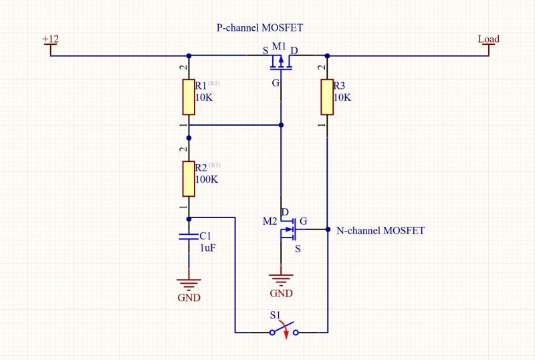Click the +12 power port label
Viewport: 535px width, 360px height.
[50, 39]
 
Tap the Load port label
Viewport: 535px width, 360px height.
[488, 39]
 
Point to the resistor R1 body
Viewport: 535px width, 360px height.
[189, 96]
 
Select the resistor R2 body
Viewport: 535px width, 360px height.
[189, 178]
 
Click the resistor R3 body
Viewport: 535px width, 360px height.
[327, 96]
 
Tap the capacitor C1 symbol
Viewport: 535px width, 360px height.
[189, 237]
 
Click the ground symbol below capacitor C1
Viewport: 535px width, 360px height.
[189, 284]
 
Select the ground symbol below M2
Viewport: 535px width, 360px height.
[281, 280]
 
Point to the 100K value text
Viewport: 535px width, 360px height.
[207, 180]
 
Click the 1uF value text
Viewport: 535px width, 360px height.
[208, 248]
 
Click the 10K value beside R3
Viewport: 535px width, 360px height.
[342, 98]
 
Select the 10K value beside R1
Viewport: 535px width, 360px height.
[204, 98]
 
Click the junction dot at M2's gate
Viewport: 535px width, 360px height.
[328, 230]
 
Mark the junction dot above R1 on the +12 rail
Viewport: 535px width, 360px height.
[189, 56]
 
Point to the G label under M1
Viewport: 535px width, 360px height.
[276, 84]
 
